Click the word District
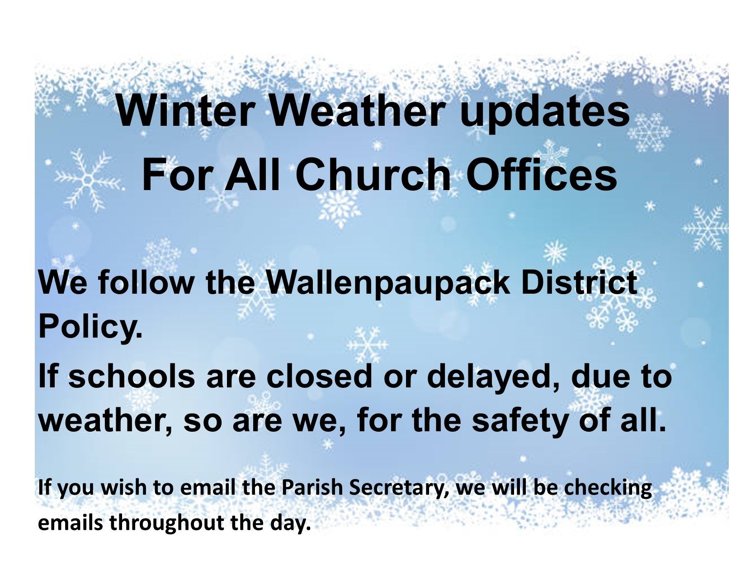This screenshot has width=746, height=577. pos(579,282)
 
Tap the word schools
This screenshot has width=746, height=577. pos(132,375)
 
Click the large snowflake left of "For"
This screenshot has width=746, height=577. pos(88,179)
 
